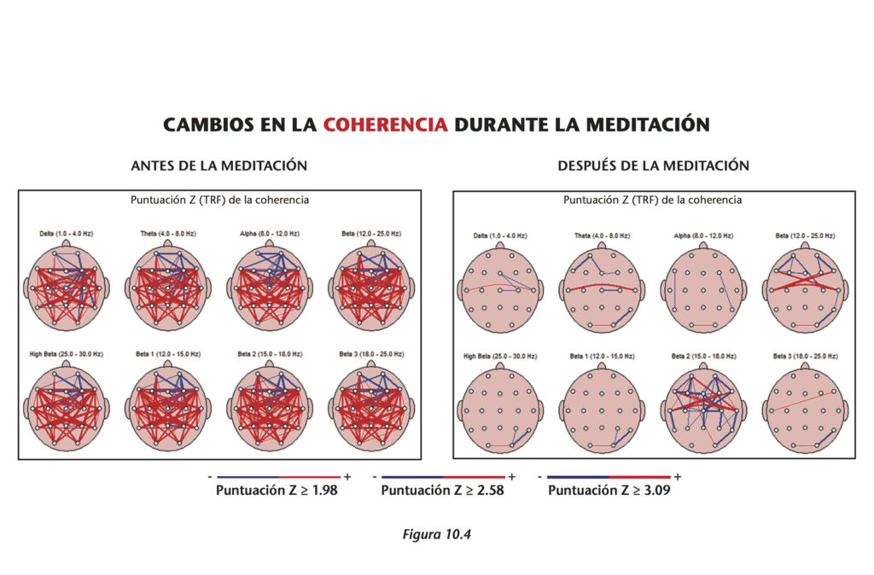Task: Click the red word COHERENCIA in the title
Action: click(x=386, y=125)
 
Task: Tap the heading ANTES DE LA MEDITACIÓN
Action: click(x=219, y=166)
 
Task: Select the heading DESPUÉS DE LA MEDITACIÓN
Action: click(x=653, y=166)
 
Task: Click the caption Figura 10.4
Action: click(x=437, y=535)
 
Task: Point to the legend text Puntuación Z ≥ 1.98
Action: click(x=277, y=491)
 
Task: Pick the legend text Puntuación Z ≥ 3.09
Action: click(x=609, y=491)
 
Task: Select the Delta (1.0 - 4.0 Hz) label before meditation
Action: click(x=67, y=233)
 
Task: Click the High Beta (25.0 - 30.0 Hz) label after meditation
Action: click(x=500, y=355)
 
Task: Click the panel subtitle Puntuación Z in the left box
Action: click(x=219, y=200)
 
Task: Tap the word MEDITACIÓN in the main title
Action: click(x=647, y=125)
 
